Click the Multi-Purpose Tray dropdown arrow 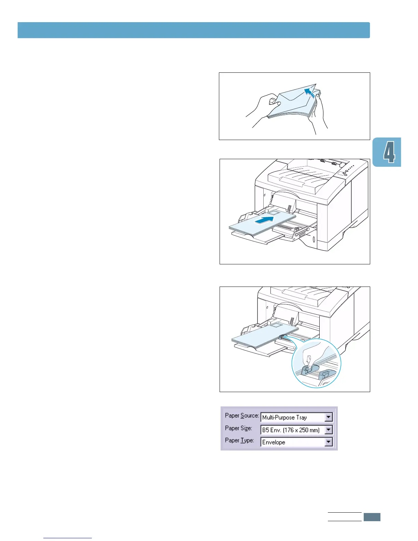click(x=329, y=417)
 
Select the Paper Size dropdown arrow click(x=329, y=430)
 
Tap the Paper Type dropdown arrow click(x=329, y=442)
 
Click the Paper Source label click(x=242, y=416)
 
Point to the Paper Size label click(x=238, y=428)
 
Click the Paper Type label click(x=239, y=440)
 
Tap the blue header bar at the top click(x=194, y=30)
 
